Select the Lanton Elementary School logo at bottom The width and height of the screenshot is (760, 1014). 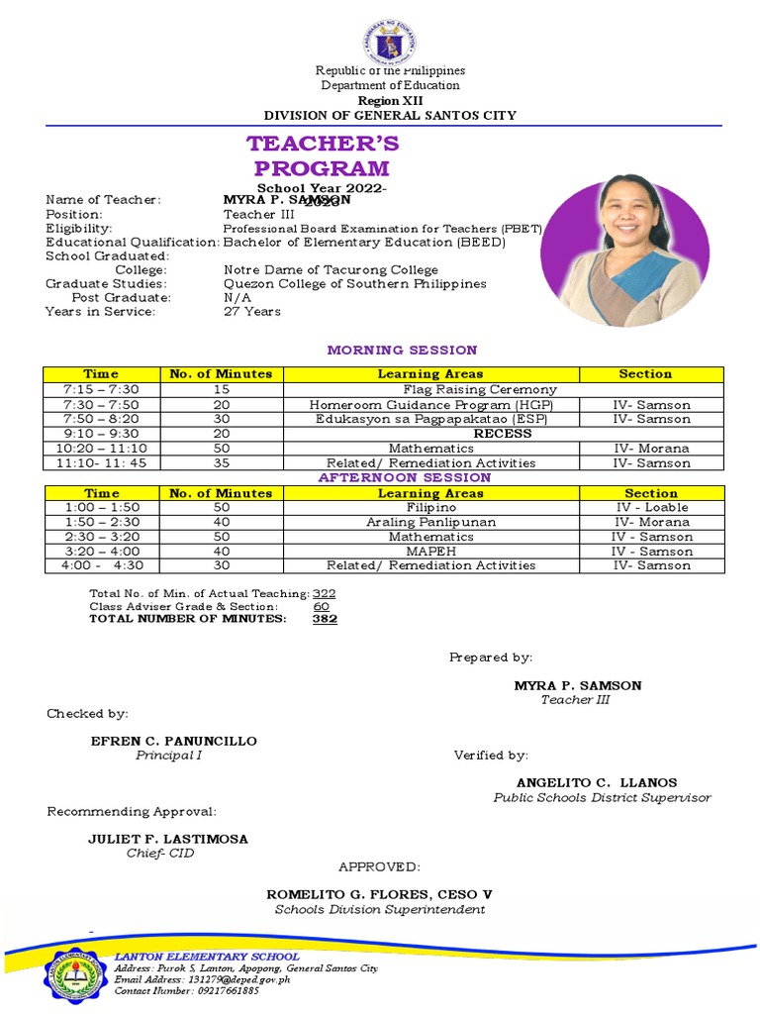75,975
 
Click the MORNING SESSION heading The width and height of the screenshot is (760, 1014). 402,350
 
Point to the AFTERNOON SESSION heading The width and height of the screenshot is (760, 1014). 404,478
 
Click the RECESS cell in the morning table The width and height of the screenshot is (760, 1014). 503,434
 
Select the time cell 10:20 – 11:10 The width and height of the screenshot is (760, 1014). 101,449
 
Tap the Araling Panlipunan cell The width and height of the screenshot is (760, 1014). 430,522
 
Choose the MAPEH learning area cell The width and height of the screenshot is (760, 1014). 430,552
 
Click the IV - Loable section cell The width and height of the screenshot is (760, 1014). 651,508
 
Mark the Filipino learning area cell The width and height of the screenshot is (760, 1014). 430,508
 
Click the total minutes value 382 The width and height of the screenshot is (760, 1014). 325,619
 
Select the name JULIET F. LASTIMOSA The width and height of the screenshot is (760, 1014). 168,839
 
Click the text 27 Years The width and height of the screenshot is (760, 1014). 252,312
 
